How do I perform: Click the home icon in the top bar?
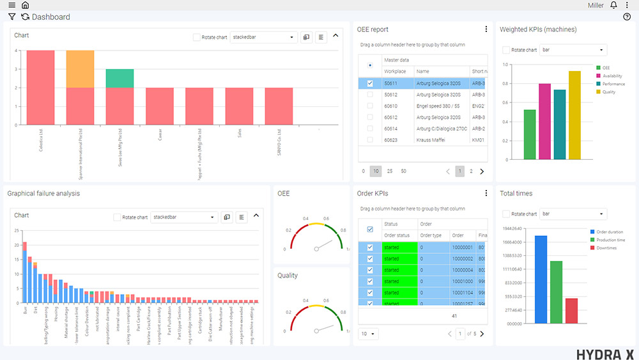click(x=25, y=5)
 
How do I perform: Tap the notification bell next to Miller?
click(x=613, y=5)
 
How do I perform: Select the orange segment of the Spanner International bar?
click(x=80, y=69)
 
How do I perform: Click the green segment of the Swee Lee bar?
click(x=119, y=78)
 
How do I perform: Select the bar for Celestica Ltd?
click(x=40, y=87)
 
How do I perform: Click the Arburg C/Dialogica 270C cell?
click(x=441, y=129)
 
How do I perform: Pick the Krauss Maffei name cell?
click(x=431, y=139)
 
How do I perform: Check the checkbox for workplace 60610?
click(x=370, y=106)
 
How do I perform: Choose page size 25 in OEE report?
click(x=390, y=171)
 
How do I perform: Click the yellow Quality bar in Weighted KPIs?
click(x=574, y=115)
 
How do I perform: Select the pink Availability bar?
click(x=544, y=121)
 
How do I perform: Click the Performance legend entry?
click(x=613, y=84)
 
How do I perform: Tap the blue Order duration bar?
click(x=541, y=279)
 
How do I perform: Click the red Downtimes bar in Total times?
click(x=571, y=311)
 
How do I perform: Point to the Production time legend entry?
click(x=610, y=240)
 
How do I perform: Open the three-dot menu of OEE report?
click(x=486, y=29)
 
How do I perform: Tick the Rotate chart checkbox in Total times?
click(x=506, y=214)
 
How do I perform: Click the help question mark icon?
click(x=627, y=17)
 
